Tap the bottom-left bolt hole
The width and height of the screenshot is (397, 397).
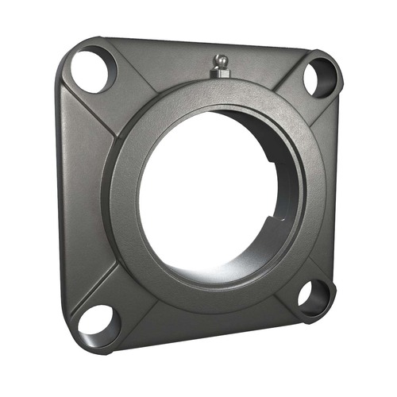point(96,321)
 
